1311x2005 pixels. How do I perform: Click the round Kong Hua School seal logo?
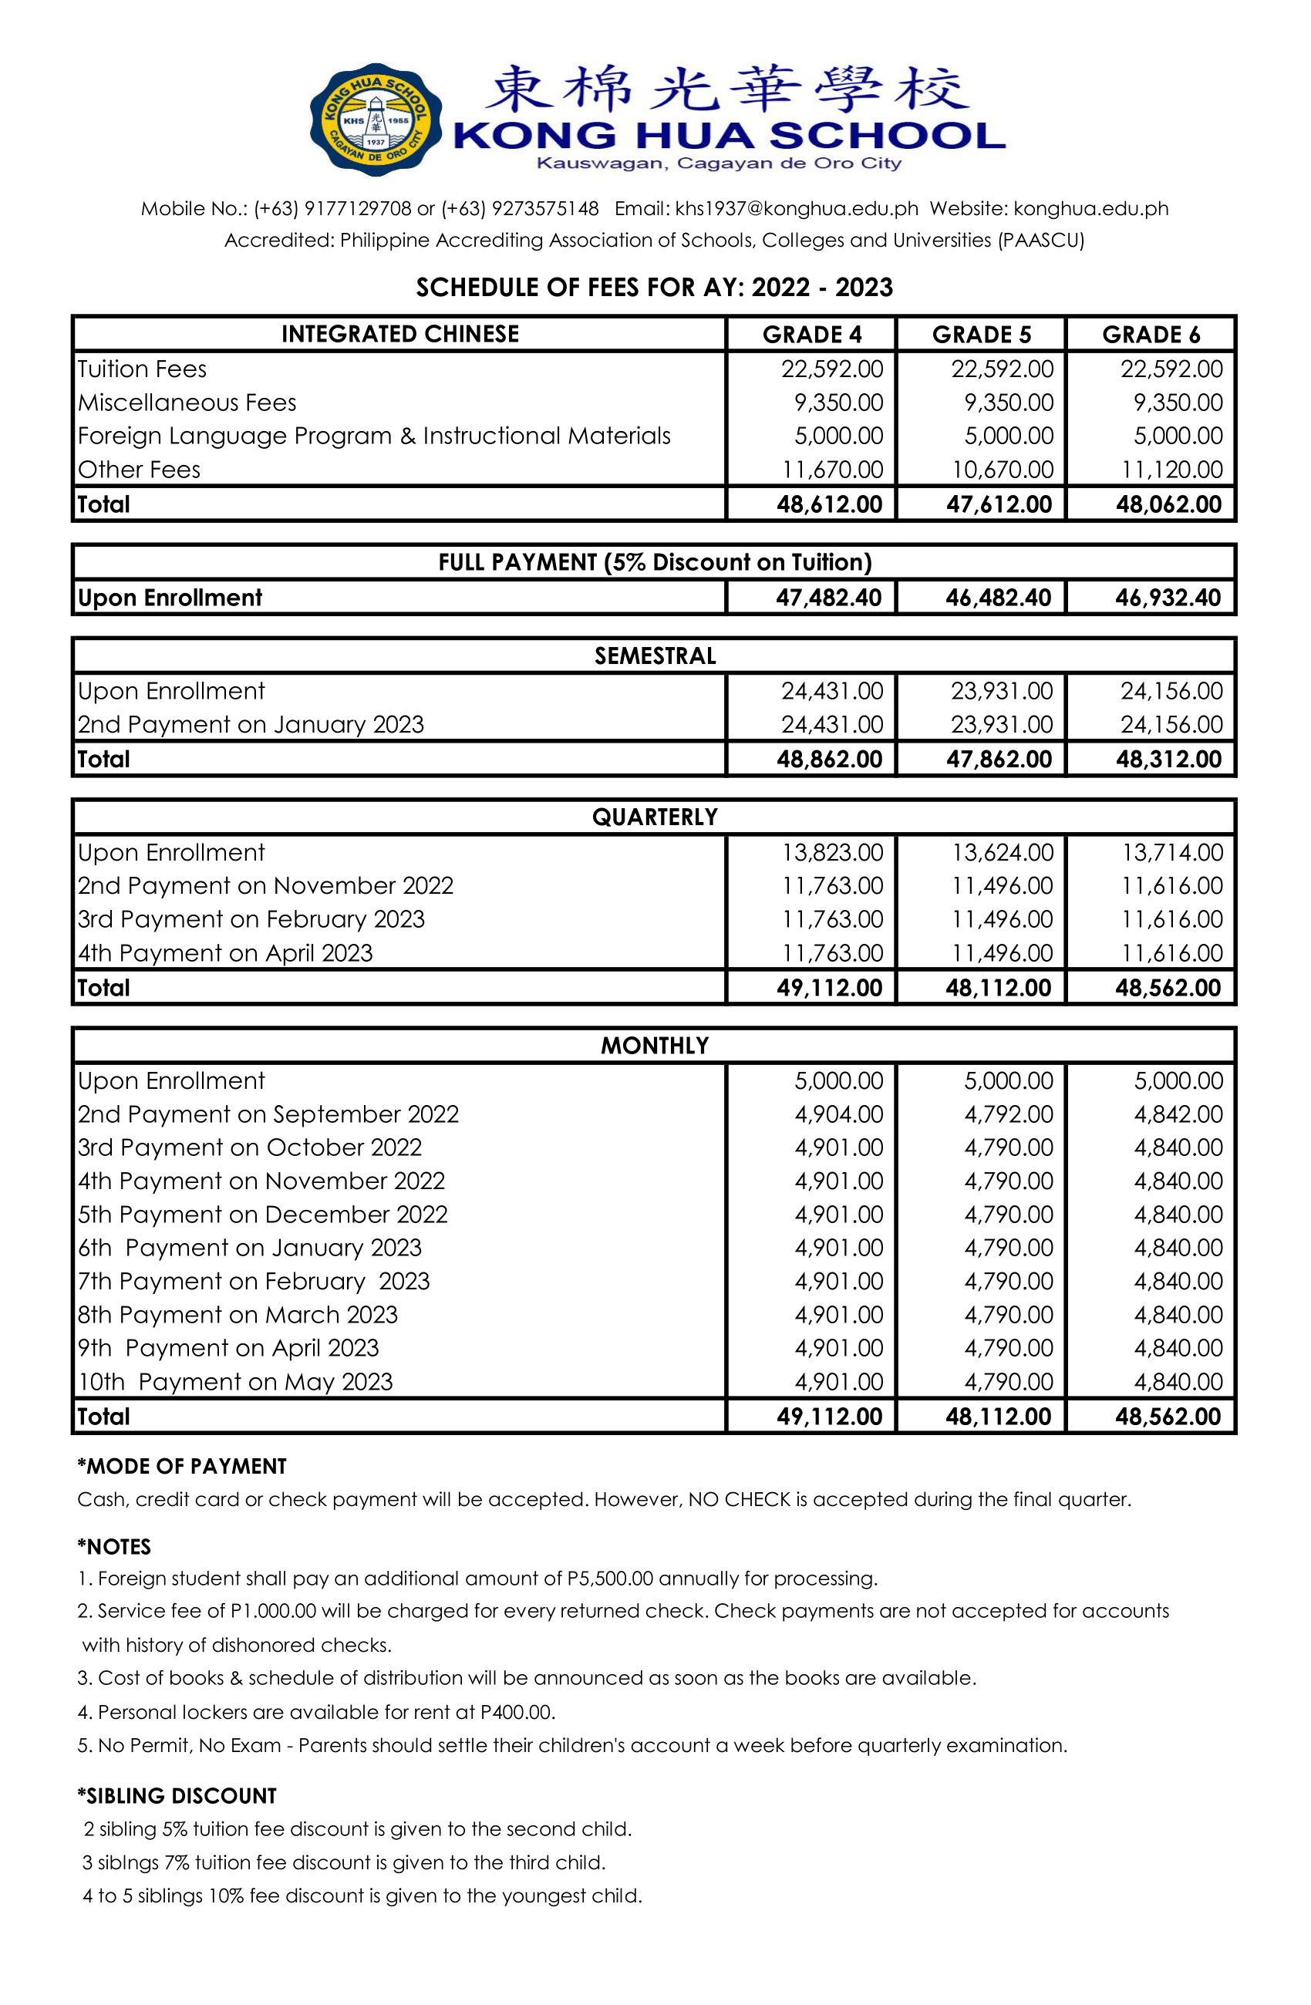point(376,120)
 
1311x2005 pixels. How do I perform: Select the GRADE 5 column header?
point(981,335)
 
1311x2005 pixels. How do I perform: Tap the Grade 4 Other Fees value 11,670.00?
point(832,469)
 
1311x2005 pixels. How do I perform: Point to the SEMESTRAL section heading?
point(655,655)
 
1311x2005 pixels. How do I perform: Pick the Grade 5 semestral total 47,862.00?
point(999,759)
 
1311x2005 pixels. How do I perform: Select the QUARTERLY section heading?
point(655,817)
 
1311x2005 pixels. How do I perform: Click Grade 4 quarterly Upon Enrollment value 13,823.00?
point(832,853)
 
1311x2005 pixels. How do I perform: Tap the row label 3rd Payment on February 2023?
point(251,919)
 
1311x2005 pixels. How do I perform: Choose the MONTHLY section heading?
point(655,1046)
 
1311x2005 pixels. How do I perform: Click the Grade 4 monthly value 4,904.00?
point(838,1114)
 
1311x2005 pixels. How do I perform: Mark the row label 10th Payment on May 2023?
point(235,1382)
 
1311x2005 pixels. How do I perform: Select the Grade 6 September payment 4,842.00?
point(1178,1114)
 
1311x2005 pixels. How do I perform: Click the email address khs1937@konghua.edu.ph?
point(796,208)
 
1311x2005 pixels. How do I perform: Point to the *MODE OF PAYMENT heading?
point(182,1467)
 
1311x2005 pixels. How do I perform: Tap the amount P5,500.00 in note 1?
point(609,1579)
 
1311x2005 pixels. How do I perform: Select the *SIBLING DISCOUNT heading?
point(177,1796)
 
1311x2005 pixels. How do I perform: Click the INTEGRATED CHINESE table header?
point(399,335)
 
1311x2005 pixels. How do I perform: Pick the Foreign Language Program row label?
point(373,436)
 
